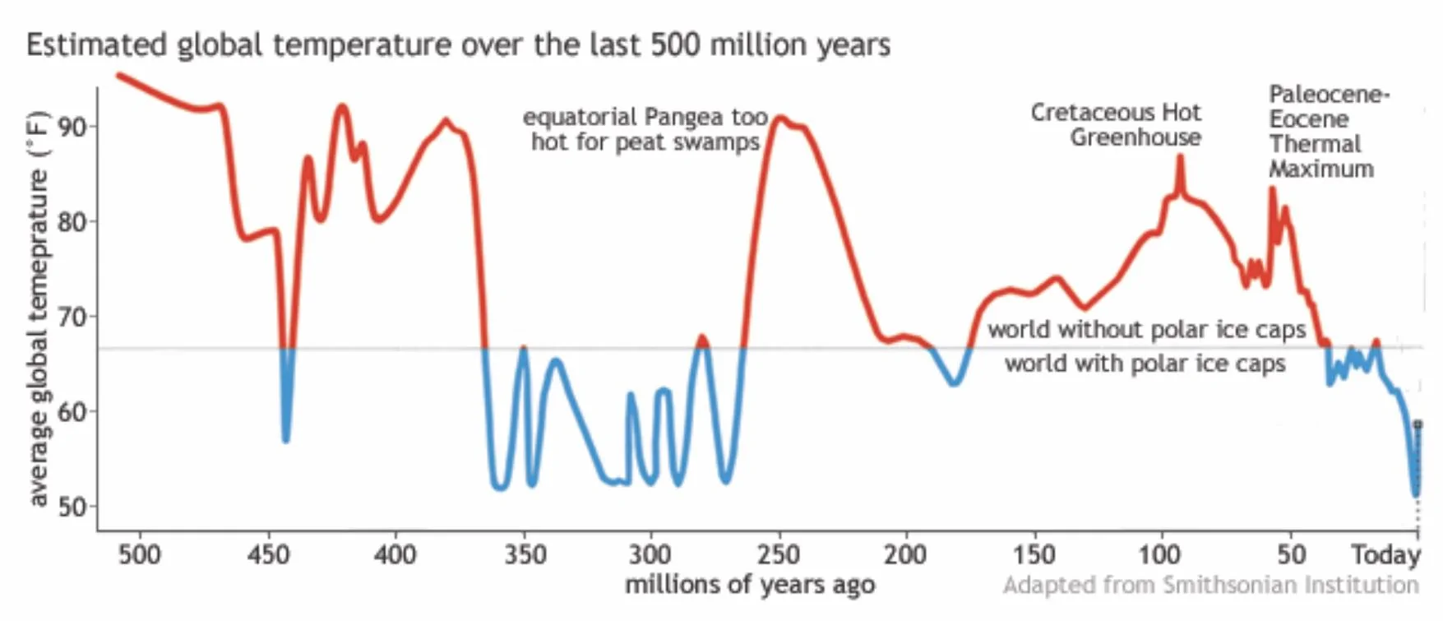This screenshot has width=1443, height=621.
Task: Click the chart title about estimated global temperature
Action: tap(458, 44)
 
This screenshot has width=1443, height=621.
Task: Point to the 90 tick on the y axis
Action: tap(72, 127)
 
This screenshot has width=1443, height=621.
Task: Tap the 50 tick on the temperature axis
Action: tap(72, 507)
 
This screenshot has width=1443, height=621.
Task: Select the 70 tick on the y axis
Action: tap(72, 317)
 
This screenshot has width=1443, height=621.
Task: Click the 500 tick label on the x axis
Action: tap(139, 554)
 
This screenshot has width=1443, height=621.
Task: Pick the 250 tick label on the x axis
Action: tap(778, 554)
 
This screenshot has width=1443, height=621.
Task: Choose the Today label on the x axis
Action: tap(1386, 554)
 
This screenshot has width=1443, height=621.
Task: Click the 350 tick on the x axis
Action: tap(524, 554)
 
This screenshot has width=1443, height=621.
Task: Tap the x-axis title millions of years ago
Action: tap(750, 585)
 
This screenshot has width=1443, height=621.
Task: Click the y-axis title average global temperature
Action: tap(39, 308)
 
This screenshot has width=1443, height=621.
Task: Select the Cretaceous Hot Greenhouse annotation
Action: tap(1116, 124)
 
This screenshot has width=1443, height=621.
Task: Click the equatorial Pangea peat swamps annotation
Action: tap(645, 129)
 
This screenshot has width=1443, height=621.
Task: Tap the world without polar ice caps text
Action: tap(1146, 329)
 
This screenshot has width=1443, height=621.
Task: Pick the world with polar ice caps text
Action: tap(1145, 364)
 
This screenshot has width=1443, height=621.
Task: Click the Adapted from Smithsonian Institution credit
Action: tap(1210, 585)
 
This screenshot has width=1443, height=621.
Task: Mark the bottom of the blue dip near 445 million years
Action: tap(286, 440)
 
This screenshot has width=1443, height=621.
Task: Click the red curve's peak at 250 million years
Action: tap(779, 118)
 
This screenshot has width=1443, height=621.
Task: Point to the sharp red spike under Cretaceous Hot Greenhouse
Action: tap(1180, 156)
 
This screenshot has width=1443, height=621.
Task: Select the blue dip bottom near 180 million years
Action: tap(954, 383)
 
